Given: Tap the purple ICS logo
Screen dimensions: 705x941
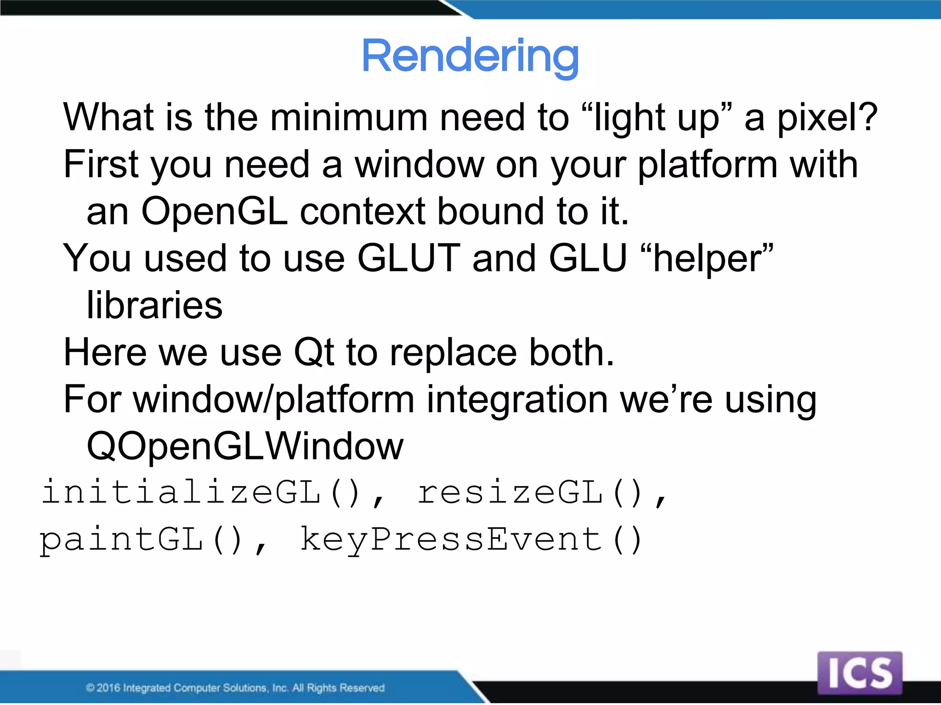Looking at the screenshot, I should (860, 672).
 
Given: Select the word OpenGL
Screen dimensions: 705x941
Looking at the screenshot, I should (214, 211).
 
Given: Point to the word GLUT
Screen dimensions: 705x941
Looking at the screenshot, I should (408, 258).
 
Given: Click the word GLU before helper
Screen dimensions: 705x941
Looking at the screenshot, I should (588, 258).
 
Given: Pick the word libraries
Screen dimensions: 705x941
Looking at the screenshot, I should (154, 305).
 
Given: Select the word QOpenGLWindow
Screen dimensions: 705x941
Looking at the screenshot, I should (245, 446).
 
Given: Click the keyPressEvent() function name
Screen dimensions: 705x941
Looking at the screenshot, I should (470, 540).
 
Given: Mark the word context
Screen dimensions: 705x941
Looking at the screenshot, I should (362, 211).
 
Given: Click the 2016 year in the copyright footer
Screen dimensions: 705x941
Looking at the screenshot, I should (108, 688).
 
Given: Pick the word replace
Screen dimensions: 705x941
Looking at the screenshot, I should (453, 352).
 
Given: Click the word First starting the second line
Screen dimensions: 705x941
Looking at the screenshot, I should (101, 164).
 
